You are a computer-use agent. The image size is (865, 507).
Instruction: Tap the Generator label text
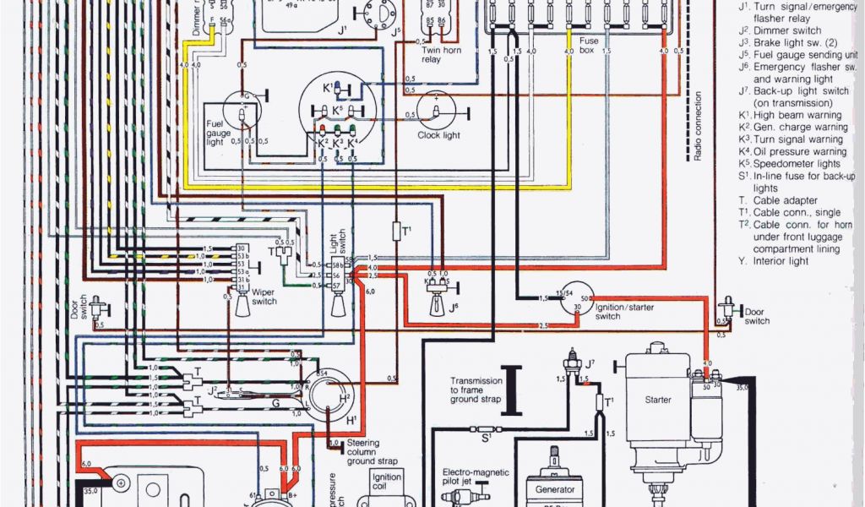click(x=554, y=490)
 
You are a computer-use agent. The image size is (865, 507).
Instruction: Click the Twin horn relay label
click(x=442, y=55)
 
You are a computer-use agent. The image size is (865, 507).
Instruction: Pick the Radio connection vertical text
click(x=698, y=127)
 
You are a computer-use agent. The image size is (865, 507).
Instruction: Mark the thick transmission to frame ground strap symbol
click(x=509, y=390)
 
